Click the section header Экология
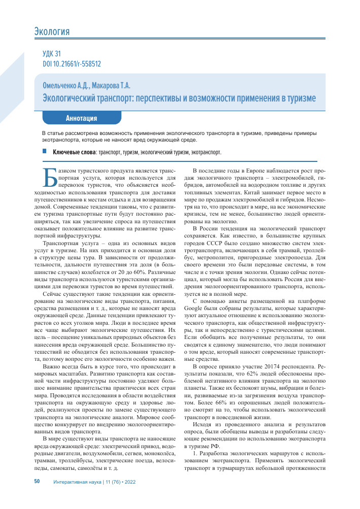click(x=51, y=32)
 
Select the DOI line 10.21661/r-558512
click(x=72, y=64)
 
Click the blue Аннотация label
click(x=81, y=118)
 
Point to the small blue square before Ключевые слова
click(x=44, y=151)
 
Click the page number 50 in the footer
click(x=37, y=481)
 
